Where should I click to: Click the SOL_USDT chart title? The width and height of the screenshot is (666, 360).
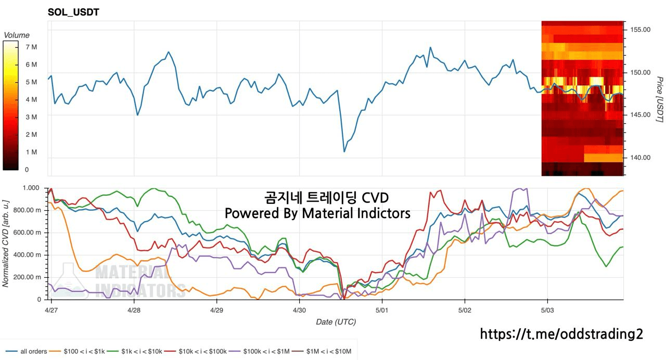point(73,12)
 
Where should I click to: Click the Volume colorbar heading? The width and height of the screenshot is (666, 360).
point(17,35)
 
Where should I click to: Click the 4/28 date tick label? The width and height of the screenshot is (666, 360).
point(134,309)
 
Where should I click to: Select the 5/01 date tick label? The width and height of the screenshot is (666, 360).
point(382,309)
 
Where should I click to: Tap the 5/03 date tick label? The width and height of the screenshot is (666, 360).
point(547,309)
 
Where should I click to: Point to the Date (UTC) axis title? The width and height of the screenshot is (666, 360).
point(336,322)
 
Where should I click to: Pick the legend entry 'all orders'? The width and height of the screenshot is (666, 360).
point(33,352)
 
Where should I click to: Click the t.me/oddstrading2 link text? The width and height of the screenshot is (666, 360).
point(561,334)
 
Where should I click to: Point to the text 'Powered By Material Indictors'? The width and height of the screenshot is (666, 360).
point(317,213)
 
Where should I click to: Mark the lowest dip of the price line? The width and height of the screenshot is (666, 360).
point(344,152)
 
